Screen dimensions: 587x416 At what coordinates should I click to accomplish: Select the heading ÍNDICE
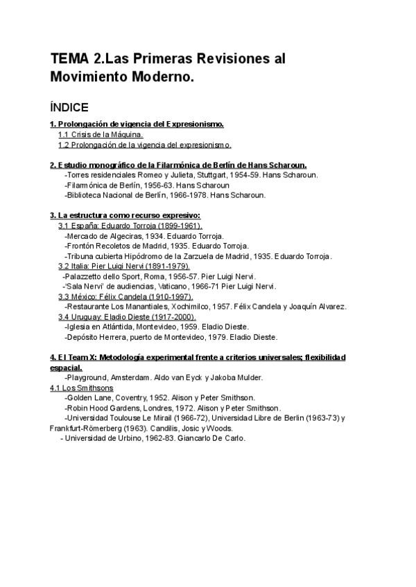pyautogui.click(x=69, y=107)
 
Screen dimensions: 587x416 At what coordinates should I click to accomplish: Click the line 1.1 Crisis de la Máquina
pyautogui.click(x=101, y=134)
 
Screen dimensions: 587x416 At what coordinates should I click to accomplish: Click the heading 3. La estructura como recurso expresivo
pyautogui.click(x=125, y=215)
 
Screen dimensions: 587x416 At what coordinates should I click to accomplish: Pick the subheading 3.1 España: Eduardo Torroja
pyautogui.click(x=130, y=226)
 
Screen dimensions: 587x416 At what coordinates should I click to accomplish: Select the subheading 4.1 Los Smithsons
pyautogui.click(x=82, y=388)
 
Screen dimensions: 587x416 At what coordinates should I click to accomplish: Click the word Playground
pyautogui.click(x=87, y=377)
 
